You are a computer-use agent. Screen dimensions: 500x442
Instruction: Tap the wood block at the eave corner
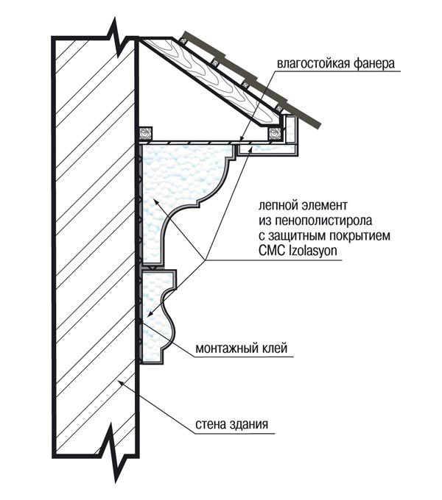pos(276,134)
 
